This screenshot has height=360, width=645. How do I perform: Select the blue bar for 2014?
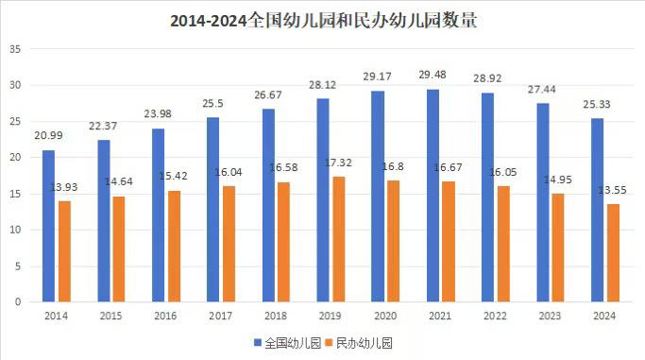pyautogui.click(x=48, y=226)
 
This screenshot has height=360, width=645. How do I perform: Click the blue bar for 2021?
pyautogui.click(x=432, y=196)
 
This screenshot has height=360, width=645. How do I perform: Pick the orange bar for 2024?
pyautogui.click(x=613, y=253)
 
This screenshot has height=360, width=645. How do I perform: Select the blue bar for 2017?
pyautogui.click(x=212, y=210)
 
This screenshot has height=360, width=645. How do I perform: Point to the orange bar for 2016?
pyautogui.click(x=175, y=246)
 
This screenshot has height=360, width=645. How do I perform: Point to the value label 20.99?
pyautogui.click(x=49, y=137)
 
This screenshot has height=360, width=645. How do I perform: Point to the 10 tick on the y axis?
pyautogui.click(x=15, y=230)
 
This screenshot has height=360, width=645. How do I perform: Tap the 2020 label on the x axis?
pyautogui.click(x=385, y=315)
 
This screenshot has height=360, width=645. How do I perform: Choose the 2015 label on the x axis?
pyautogui.click(x=110, y=315)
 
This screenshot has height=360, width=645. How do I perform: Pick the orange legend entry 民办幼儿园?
pyautogui.click(x=360, y=342)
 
